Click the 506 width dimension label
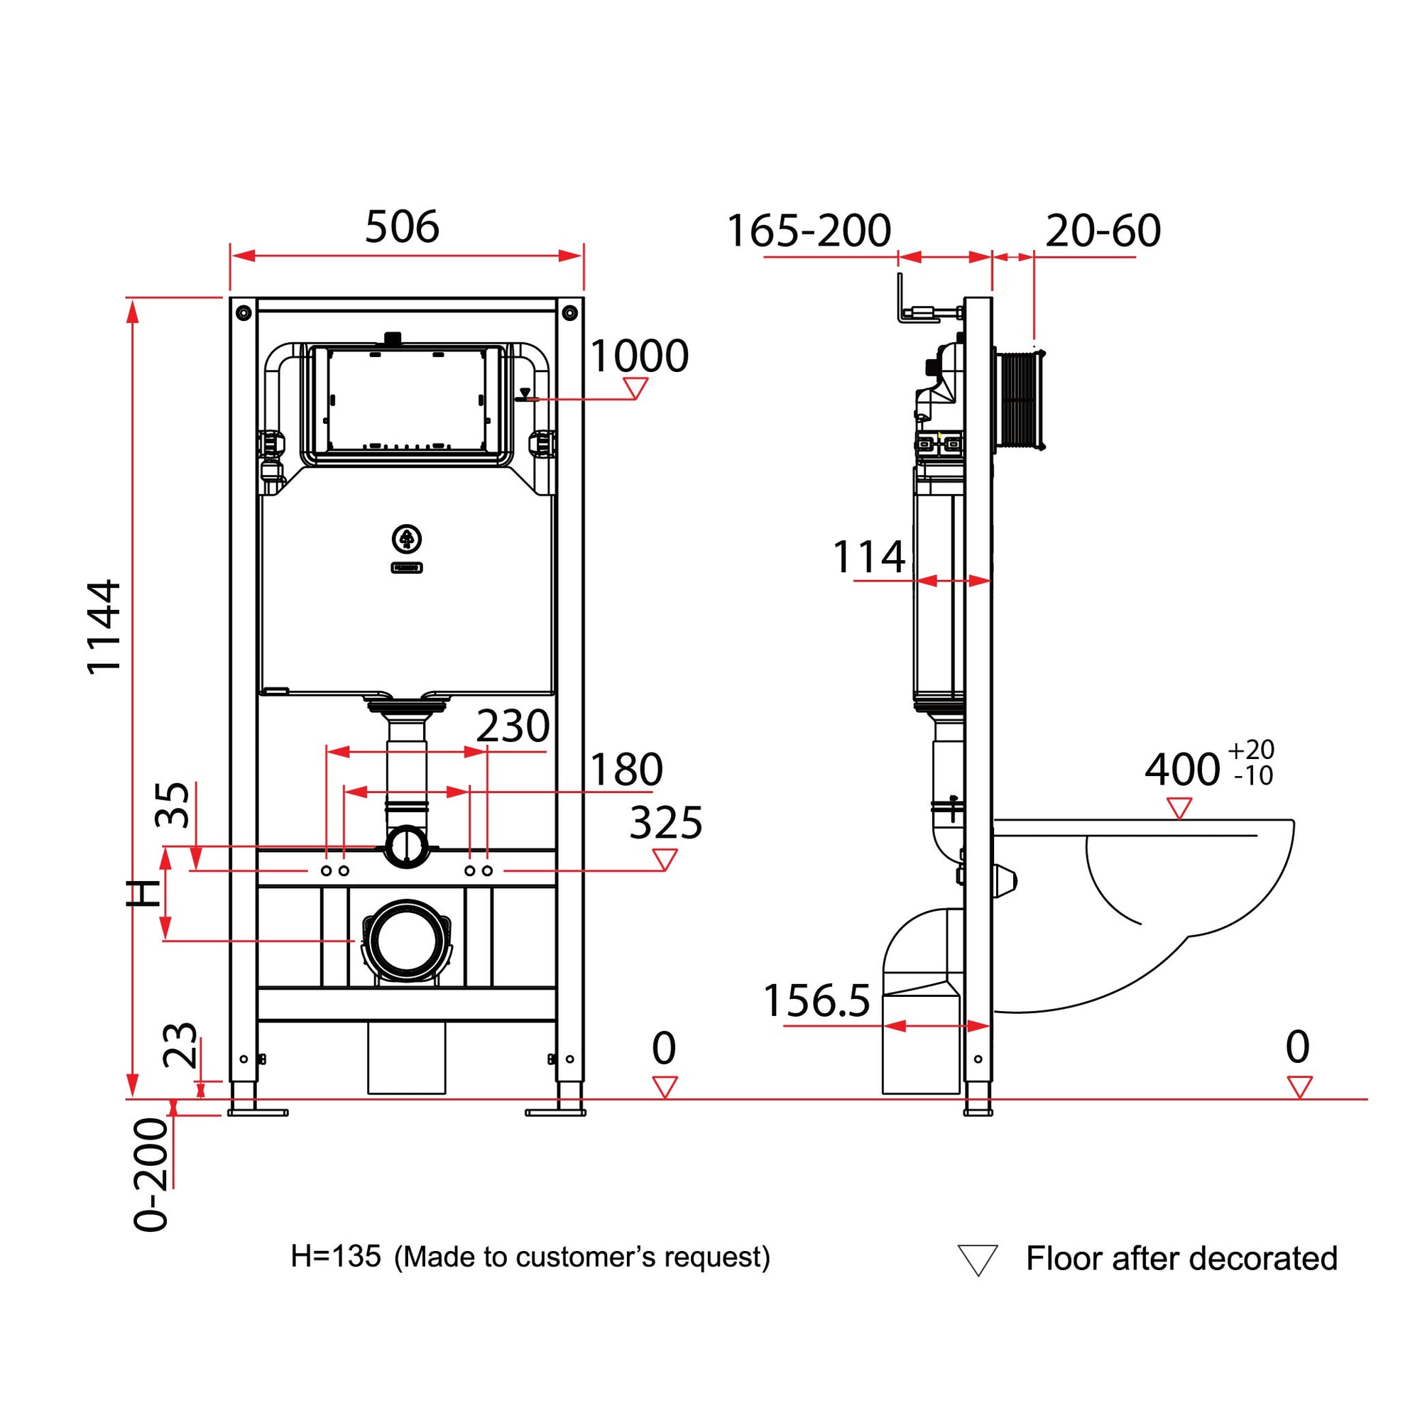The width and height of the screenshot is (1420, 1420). (402, 227)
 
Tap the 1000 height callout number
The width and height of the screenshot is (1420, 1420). (639, 356)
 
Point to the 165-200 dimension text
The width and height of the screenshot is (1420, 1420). (809, 231)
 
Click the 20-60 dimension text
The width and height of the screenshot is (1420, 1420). (1103, 231)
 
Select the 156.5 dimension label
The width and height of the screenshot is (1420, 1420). (816, 1001)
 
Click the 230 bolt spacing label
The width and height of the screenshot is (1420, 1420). (513, 727)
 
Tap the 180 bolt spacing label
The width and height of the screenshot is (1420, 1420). (626, 770)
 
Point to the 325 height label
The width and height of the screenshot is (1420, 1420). (666, 822)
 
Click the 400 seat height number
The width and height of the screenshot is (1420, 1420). (1182, 770)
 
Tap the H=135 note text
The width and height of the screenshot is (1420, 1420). (336, 1256)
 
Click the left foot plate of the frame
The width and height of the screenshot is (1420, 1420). (257, 1112)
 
